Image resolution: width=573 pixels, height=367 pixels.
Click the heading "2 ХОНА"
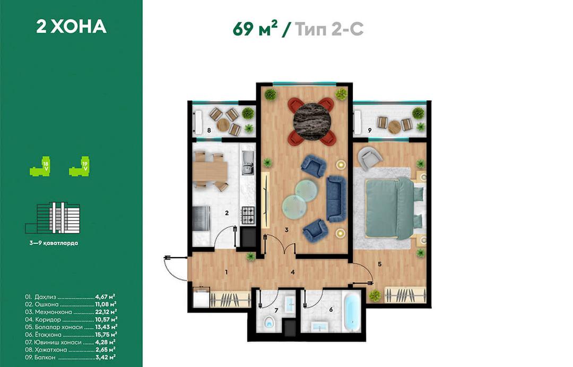tap(71, 27)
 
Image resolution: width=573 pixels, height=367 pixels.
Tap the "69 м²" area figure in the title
tap(255, 29)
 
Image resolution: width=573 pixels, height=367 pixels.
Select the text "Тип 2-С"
tap(329, 29)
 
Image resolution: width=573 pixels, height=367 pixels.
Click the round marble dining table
tap(312, 120)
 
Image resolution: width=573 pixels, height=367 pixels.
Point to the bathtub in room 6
tap(352, 313)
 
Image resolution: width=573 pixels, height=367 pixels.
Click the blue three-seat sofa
tap(336, 198)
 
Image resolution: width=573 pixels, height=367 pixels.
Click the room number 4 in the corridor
tap(293, 272)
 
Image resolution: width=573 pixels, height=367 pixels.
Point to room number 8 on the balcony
tap(209, 130)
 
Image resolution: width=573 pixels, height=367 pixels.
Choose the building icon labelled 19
tap(79, 167)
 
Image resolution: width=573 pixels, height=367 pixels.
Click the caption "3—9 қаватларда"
tap(54, 243)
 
